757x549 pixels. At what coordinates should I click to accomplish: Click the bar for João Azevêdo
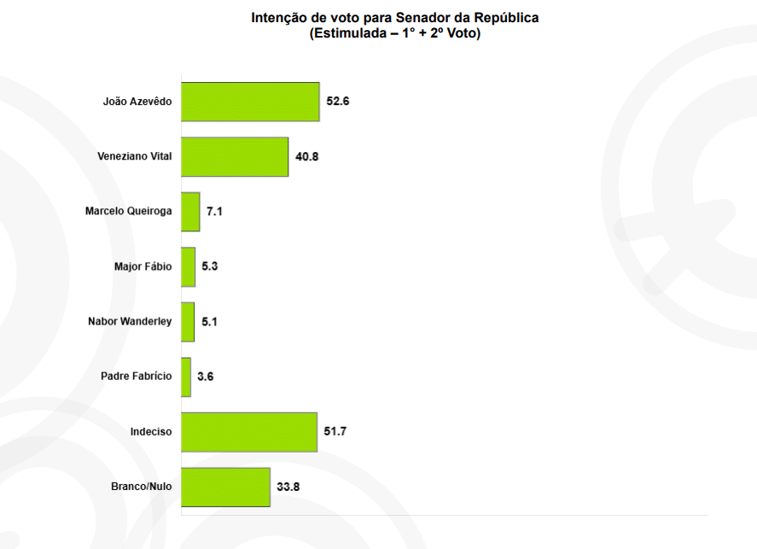tap(250, 102)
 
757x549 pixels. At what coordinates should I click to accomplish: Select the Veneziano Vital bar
tap(235, 156)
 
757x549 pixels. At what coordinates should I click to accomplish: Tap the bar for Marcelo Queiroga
tap(190, 212)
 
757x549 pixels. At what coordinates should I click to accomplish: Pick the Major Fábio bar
tap(189, 266)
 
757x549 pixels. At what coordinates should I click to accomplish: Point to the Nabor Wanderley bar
tap(188, 322)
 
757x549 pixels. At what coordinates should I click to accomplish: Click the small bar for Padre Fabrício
tap(186, 377)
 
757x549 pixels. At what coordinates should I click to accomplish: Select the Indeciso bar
tap(249, 432)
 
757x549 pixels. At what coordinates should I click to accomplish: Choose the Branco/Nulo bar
tap(225, 487)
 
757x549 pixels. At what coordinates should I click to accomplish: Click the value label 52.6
tap(338, 102)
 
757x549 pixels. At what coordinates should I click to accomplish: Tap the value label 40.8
tap(307, 156)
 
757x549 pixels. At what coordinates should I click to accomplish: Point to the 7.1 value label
tap(214, 212)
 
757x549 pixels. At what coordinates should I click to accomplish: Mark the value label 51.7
tap(335, 432)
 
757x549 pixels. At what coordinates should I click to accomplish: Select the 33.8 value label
tap(288, 487)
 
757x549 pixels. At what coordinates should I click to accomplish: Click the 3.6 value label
tap(206, 377)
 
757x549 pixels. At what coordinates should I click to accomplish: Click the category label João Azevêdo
tap(137, 102)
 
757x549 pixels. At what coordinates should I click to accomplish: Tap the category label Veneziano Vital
tap(135, 156)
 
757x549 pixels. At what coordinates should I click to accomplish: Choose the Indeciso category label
tap(151, 432)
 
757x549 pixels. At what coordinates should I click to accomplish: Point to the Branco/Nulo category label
tap(142, 487)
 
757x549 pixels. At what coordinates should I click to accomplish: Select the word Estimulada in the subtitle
tap(349, 34)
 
